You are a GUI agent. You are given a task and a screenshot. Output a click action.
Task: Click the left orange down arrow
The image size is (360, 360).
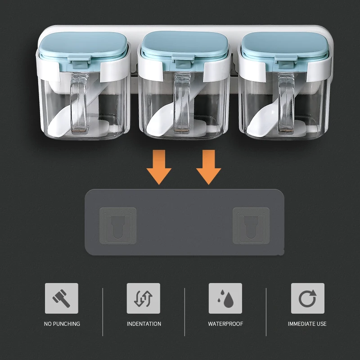159,167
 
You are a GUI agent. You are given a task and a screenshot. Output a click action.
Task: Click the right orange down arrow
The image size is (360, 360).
208,167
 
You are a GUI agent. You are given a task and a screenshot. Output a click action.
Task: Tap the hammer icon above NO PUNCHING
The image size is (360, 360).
61,298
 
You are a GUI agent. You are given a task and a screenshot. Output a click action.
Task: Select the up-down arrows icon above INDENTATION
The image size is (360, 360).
144,298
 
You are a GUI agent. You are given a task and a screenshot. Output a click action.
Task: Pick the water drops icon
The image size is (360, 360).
225,298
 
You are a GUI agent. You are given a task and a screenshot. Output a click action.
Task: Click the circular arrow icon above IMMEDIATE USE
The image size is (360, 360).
308,298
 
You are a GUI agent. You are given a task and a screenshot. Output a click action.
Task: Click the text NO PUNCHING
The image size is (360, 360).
62,324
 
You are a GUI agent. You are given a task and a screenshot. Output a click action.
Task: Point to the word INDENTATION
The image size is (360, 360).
144,324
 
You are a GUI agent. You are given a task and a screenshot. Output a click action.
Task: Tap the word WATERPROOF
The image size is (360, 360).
225,324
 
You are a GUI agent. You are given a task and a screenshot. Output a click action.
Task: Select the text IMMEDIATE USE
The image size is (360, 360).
307,324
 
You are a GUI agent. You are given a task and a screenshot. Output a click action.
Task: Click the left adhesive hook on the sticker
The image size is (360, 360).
118,226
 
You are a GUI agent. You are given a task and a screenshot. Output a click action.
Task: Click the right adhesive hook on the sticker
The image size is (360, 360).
251,226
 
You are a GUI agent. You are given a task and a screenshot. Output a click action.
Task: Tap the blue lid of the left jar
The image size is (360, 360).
83,46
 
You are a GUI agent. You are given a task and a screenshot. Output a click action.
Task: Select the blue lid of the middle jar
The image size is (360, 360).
184,45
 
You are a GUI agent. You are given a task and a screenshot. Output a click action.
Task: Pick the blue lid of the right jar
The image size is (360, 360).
285,46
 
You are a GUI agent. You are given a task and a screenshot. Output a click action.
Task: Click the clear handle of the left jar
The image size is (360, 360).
78,103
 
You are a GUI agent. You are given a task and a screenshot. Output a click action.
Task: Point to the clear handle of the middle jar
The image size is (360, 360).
182,103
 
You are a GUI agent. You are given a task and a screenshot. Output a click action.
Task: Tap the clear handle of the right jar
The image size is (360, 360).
286,104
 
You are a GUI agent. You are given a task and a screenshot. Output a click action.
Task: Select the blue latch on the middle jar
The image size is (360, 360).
182,63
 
